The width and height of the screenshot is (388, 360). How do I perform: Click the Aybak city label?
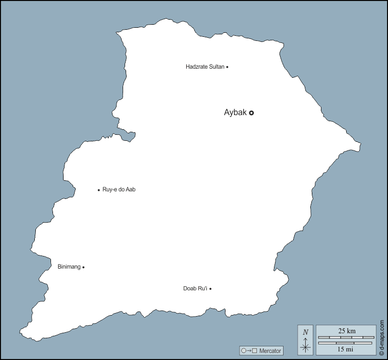(x=235, y=113)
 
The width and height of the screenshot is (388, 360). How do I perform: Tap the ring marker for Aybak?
(x=251, y=113)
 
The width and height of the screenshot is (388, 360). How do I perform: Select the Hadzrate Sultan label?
(x=204, y=67)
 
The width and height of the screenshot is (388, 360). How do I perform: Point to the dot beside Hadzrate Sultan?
(x=227, y=67)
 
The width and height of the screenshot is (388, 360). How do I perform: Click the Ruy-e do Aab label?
(x=119, y=190)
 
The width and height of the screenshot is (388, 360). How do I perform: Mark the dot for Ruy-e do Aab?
(x=99, y=190)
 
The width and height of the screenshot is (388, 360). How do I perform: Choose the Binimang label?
(x=69, y=267)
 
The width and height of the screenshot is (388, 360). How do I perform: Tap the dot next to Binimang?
(x=83, y=267)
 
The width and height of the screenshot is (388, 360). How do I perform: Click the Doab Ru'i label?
(x=195, y=289)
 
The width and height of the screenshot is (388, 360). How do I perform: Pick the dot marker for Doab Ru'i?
(x=210, y=289)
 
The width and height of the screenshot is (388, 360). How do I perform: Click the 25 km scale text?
(x=347, y=331)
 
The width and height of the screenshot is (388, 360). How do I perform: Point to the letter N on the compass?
(x=305, y=332)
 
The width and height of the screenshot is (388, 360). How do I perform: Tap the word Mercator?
(x=270, y=351)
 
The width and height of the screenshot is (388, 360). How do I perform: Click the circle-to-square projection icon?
(x=249, y=351)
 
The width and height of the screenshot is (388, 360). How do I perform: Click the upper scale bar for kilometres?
(x=347, y=337)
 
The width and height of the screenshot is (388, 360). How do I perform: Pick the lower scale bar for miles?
(x=347, y=343)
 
